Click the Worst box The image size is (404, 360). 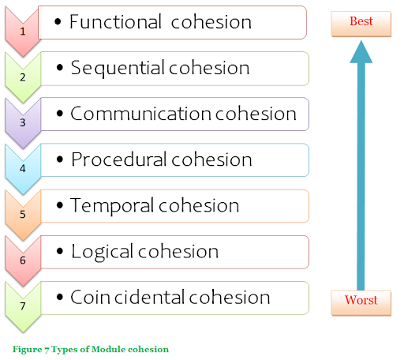(361, 300)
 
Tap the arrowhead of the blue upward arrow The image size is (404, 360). (361, 54)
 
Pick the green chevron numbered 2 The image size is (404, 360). (23, 77)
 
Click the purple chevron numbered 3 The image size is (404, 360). (23, 122)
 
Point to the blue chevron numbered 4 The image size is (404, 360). (23, 167)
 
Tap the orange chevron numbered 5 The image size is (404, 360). (23, 213)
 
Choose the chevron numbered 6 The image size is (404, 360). (23, 259)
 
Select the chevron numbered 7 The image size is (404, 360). (23, 305)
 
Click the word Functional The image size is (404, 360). (111, 22)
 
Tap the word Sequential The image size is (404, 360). (113, 68)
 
